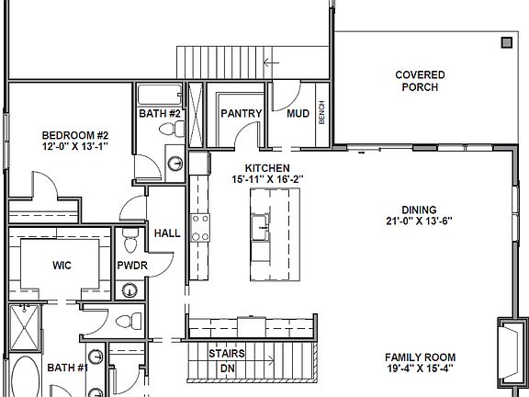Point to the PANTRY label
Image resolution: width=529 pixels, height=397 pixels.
pos(242,114)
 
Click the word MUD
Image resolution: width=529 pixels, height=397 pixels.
pos(298,114)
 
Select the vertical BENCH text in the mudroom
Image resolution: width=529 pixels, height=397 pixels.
pos(321,113)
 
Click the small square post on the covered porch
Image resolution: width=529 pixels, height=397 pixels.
pos(506,42)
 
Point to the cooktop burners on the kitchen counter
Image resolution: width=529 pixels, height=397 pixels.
pos(199,225)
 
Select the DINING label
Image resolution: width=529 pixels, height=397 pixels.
pos(419,210)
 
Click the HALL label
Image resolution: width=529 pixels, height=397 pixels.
pos(166,233)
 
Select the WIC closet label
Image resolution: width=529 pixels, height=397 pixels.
pos(62,266)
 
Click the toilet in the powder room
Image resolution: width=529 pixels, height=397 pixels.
pos(131,243)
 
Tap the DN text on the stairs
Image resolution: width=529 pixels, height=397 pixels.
pos(226,369)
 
